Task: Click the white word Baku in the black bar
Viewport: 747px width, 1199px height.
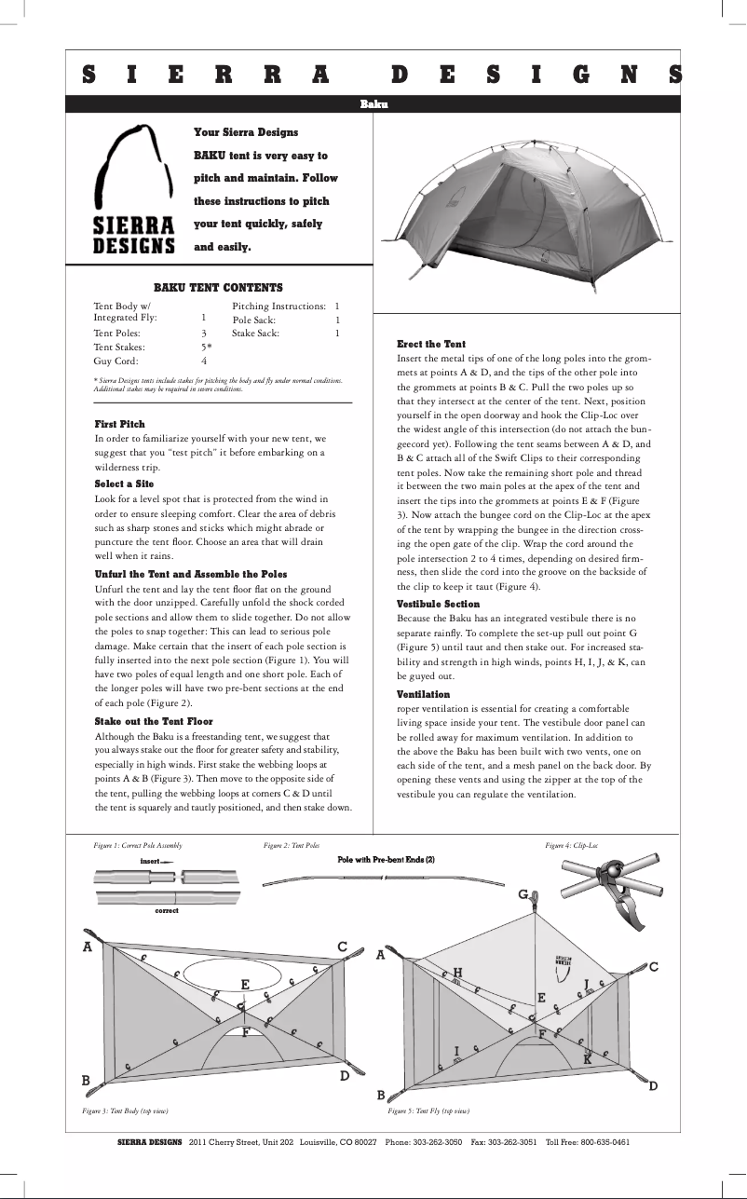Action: pyautogui.click(x=373, y=104)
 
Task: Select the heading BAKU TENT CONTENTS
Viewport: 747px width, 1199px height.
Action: pyautogui.click(x=218, y=288)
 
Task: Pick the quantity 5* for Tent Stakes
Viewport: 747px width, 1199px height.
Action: pyautogui.click(x=207, y=347)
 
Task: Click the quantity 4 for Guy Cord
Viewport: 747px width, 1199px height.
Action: pyautogui.click(x=204, y=361)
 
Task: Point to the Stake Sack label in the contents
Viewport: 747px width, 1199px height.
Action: pyautogui.click(x=255, y=333)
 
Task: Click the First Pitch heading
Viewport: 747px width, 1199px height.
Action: pyautogui.click(x=120, y=424)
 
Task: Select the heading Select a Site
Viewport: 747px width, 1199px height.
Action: pyautogui.click(x=124, y=484)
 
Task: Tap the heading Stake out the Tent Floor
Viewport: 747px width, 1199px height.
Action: pyautogui.click(x=154, y=722)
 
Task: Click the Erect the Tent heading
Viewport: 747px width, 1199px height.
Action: pyautogui.click(x=431, y=345)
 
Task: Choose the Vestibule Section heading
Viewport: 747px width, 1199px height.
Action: pyautogui.click(x=438, y=605)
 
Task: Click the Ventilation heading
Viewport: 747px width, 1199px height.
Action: pyautogui.click(x=423, y=695)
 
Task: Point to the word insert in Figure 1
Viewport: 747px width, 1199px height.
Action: pyautogui.click(x=151, y=862)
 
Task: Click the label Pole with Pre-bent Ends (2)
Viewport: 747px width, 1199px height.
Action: pyautogui.click(x=386, y=860)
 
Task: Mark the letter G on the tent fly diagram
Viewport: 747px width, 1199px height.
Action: pyautogui.click(x=523, y=894)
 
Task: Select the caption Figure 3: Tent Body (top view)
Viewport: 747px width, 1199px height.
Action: pyautogui.click(x=125, y=1111)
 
